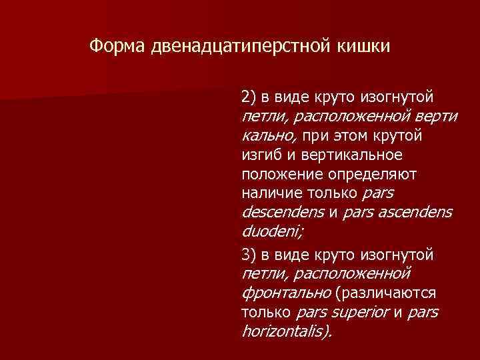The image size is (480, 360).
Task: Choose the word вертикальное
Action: (x=351, y=155)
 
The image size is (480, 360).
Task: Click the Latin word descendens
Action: (x=280, y=213)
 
